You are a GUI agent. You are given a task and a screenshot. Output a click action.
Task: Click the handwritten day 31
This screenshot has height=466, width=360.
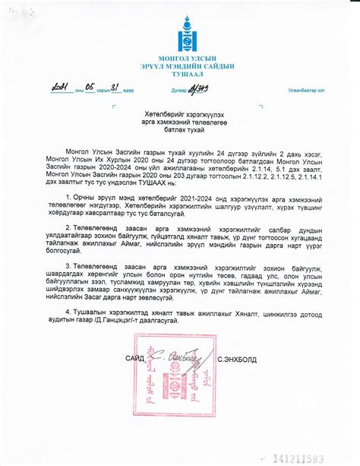click(x=115, y=88)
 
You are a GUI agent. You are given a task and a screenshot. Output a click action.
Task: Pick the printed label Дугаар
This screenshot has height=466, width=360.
click(x=179, y=90)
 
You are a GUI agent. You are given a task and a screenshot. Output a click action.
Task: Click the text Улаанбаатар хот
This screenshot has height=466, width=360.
click(x=305, y=90)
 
